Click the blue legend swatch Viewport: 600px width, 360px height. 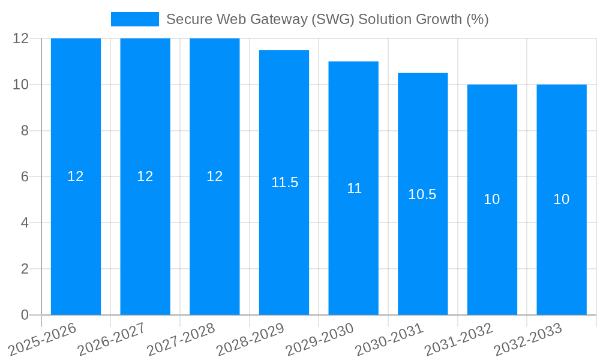(135, 19)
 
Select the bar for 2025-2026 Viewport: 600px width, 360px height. (76, 240)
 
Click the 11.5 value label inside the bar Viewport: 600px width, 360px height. (284, 182)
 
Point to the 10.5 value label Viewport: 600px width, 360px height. (422, 194)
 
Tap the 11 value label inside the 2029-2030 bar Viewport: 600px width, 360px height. (354, 188)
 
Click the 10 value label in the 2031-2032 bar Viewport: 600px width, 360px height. (492, 199)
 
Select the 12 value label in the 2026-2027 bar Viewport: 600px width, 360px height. (145, 176)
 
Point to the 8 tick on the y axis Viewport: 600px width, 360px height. (25, 131)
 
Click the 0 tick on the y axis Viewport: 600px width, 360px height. (25, 315)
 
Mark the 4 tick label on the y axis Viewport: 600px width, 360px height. (25, 223)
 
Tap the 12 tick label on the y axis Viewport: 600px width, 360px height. (20, 38)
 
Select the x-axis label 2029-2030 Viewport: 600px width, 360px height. (320, 339)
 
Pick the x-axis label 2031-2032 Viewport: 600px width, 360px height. (458, 339)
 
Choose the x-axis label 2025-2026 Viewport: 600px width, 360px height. (43, 339)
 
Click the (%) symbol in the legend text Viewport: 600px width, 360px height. (477, 19)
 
